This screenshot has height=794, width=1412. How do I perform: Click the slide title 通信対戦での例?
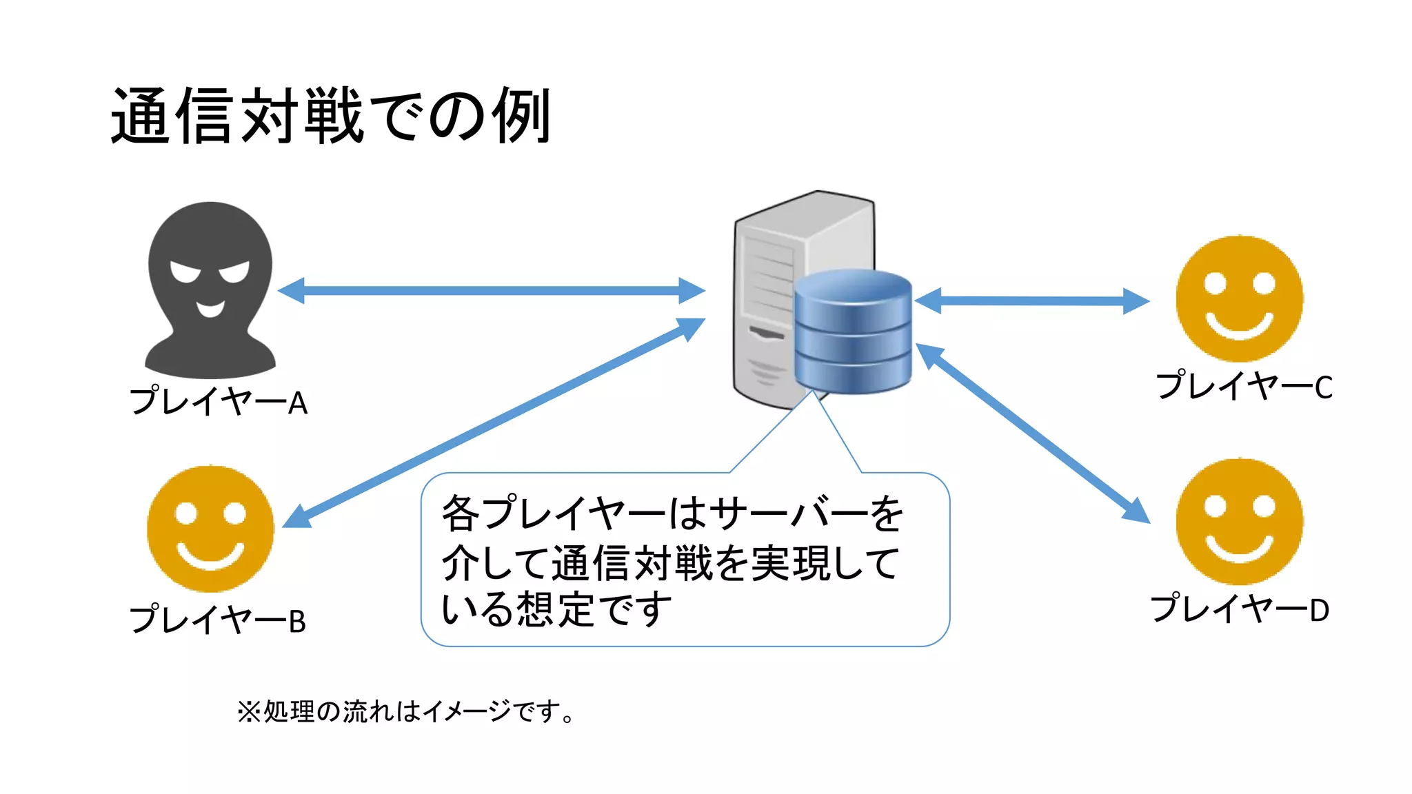[331, 116]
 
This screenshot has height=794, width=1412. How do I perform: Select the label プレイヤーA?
[219, 402]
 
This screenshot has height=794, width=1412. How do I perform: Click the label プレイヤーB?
[218, 620]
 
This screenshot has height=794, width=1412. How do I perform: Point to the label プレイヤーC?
[1244, 386]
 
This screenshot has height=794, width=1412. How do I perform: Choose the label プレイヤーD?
[1240, 609]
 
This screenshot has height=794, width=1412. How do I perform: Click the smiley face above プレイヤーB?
[210, 529]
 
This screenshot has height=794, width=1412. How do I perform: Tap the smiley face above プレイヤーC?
[1239, 298]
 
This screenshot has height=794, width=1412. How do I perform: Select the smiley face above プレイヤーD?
[1239, 522]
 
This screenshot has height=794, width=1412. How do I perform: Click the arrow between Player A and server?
[491, 291]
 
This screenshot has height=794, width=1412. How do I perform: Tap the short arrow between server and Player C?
[1031, 301]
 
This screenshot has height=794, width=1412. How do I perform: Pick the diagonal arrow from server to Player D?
[1032, 433]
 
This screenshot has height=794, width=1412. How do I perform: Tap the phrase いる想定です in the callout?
[556, 609]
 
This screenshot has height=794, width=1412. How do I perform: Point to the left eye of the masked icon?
[185, 272]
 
